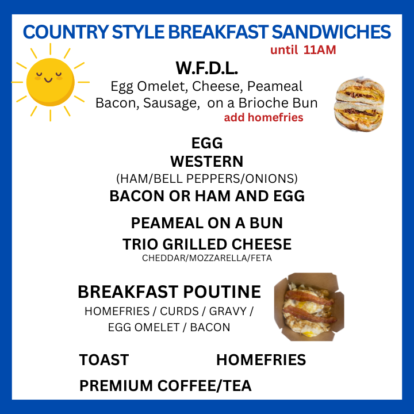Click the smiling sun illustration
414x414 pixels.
tap(50, 82)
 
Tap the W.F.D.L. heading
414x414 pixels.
tap(207, 68)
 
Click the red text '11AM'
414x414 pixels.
tap(320, 50)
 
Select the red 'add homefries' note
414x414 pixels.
tap(263, 117)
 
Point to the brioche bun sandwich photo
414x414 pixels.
tap(359, 105)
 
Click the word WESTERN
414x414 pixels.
tap(207, 162)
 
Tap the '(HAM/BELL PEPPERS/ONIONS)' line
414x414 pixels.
tap(207, 179)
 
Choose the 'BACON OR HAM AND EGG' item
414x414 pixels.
tap(207, 196)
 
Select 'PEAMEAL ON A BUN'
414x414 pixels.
tap(207, 223)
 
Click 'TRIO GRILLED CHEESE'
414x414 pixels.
tap(207, 244)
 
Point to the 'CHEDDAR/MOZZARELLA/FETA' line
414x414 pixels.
tap(207, 258)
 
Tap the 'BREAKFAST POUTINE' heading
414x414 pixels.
tap(169, 292)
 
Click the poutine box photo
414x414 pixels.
tap(309, 307)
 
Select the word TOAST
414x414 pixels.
tap(104, 359)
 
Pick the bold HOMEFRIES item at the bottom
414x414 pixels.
tap(261, 359)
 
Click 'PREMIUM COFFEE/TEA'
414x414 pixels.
tap(165, 385)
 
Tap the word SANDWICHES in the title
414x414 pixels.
tap(331, 32)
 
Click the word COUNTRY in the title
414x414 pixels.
tap(66, 32)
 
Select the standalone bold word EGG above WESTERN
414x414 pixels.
tap(207, 143)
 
